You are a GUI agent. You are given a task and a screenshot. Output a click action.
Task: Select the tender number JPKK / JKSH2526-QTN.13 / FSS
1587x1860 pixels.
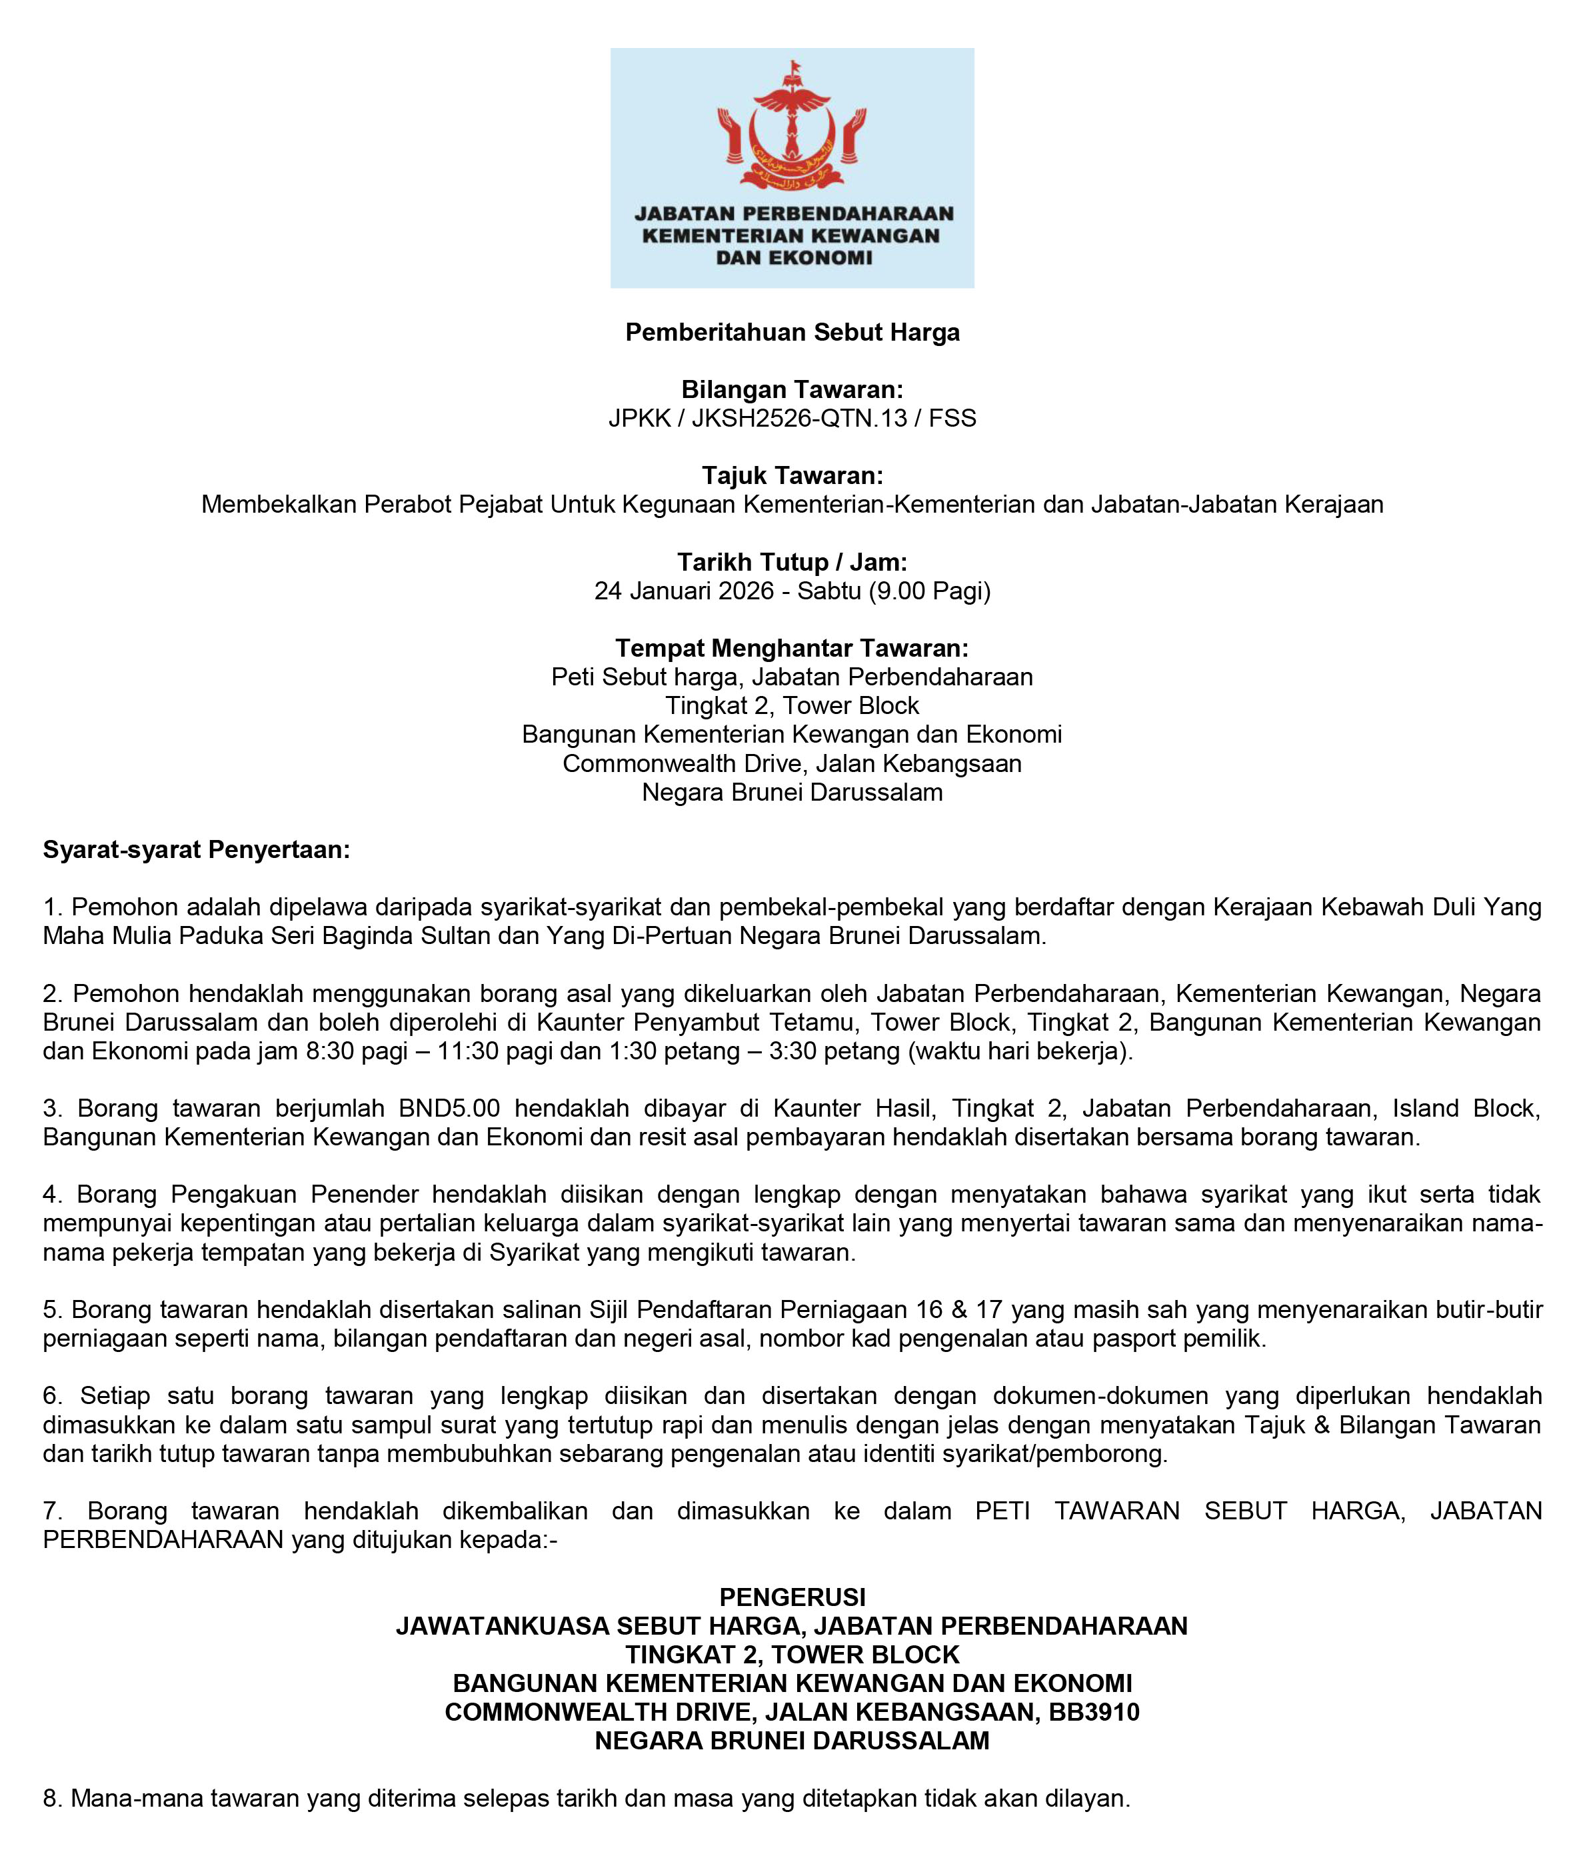tap(793, 418)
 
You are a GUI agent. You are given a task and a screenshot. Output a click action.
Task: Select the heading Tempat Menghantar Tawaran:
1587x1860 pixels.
tap(793, 647)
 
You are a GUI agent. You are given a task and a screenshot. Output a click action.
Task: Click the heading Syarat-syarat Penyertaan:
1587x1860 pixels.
tap(197, 849)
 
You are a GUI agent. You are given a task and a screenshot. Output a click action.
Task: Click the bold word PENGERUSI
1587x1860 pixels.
tap(793, 1597)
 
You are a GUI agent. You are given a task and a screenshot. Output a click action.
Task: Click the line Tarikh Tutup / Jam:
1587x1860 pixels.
tap(793, 562)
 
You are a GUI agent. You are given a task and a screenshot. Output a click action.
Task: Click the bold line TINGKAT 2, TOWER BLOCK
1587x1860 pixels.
tap(793, 1655)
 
